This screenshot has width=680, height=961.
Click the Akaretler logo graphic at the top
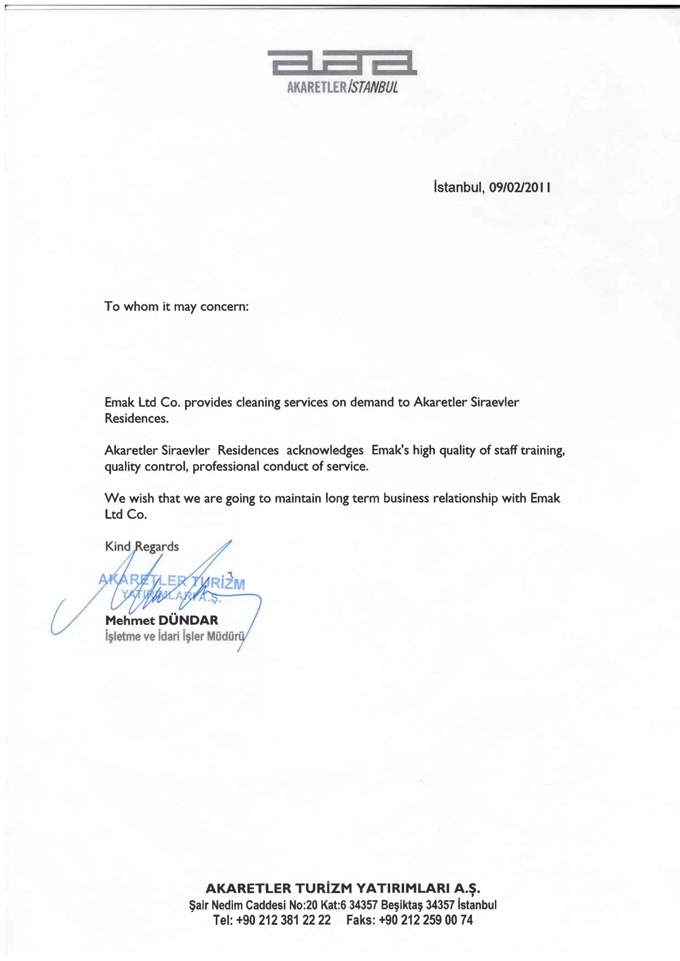click(x=342, y=63)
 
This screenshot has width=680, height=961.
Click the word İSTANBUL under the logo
click(x=373, y=87)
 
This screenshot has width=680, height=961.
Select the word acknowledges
click(x=325, y=450)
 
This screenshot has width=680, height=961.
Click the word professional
click(x=226, y=466)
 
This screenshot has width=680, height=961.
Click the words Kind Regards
click(x=141, y=546)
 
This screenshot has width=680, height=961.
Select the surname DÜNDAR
click(x=189, y=620)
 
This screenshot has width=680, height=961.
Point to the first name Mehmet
click(x=130, y=620)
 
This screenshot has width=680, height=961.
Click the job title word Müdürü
click(x=226, y=636)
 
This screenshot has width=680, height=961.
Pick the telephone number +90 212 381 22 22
click(x=284, y=920)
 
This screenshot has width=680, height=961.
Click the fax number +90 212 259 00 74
click(x=426, y=920)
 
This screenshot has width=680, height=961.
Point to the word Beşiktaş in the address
click(x=402, y=905)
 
